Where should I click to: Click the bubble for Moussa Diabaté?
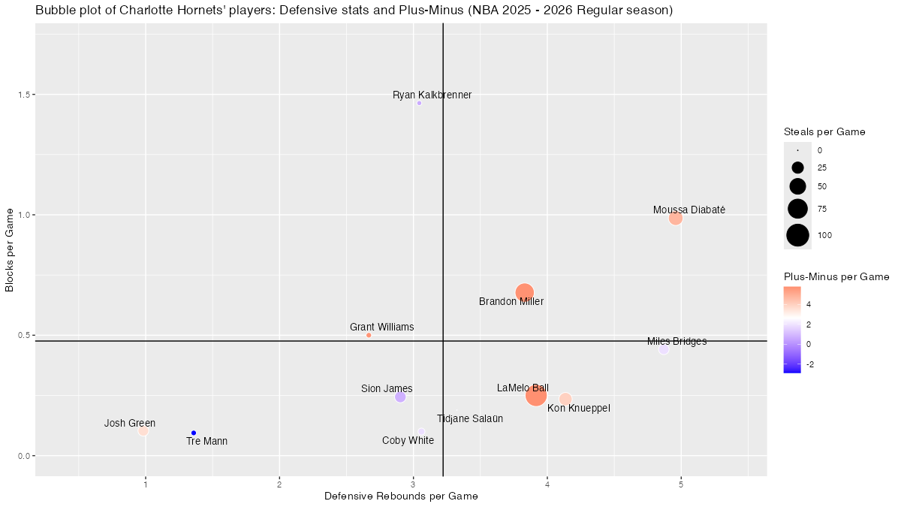tap(675, 218)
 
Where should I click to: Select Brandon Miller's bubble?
tap(525, 292)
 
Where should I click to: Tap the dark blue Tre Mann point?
tap(194, 433)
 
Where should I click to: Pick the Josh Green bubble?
tap(143, 430)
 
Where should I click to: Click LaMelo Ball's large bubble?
tap(535, 395)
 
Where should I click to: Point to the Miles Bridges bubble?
tap(663, 349)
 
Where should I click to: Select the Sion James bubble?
tap(400, 397)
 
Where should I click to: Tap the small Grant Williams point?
tap(369, 335)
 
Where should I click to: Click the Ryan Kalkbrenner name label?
tap(432, 95)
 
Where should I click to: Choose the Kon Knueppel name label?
tap(578, 409)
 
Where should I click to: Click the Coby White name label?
tap(408, 441)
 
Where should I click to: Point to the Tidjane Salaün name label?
tap(470, 419)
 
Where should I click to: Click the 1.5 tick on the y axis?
tap(23, 95)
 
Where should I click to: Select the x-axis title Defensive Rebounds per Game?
tap(401, 496)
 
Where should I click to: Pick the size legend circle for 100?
tap(797, 235)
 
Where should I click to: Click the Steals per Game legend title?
tap(824, 131)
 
